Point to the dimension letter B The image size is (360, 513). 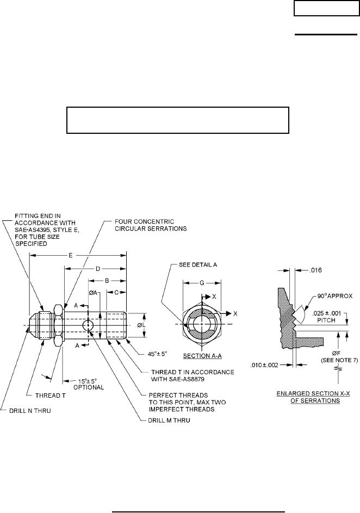[107, 281]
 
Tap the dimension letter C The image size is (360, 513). [117, 293]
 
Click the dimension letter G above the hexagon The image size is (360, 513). [202, 283]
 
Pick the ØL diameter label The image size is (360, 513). [141, 325]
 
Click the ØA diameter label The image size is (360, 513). [94, 293]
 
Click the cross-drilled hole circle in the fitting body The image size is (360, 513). [88, 325]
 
